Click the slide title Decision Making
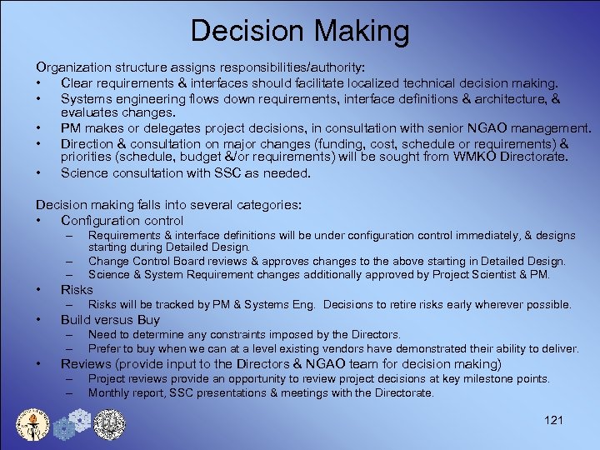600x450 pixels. coord(300,31)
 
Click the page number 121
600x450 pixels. coord(552,419)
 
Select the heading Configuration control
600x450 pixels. coord(122,220)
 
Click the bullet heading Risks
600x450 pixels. coord(77,289)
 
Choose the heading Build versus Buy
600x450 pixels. coord(110,319)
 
